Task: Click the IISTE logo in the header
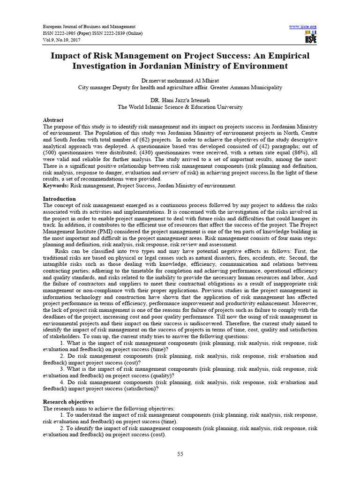click(x=310, y=37)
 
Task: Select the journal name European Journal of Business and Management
click(x=89, y=27)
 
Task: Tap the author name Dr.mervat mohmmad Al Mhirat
click(x=180, y=80)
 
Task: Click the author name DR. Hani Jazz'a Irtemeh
click(x=180, y=100)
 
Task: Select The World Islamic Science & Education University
click(x=180, y=107)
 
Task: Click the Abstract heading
click(x=53, y=120)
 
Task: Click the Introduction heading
click(x=59, y=199)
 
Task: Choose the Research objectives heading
click(x=68, y=402)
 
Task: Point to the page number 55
click(x=180, y=454)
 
